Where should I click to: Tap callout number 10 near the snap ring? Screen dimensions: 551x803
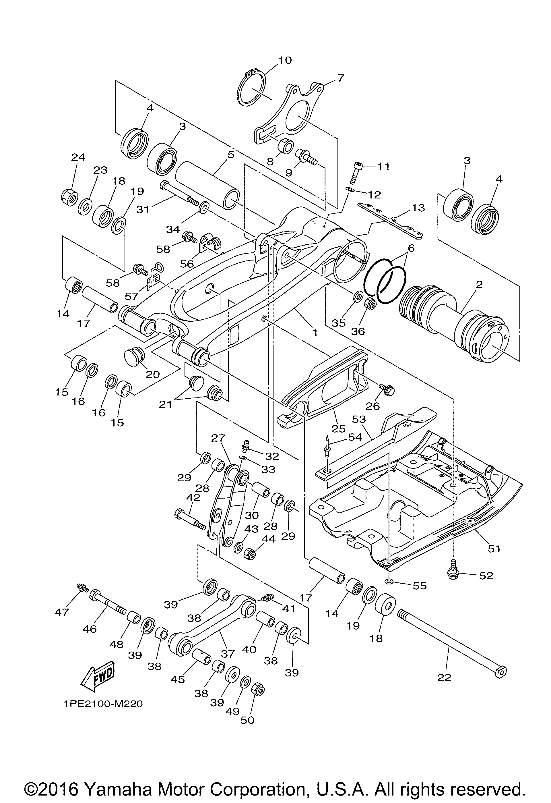285,60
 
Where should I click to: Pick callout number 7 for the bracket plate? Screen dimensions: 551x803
340,78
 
